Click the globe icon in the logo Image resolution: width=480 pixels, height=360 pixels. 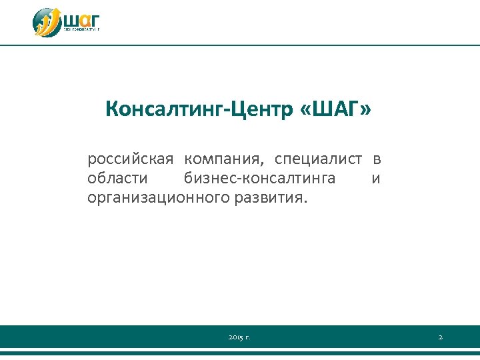[47, 23]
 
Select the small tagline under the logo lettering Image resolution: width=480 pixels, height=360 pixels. [81, 30]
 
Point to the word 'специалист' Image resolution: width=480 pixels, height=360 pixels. [319, 159]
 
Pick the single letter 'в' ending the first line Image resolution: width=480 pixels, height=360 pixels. [377, 159]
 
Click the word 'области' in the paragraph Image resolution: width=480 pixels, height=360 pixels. [118, 179]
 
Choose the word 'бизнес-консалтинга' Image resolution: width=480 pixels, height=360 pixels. [259, 179]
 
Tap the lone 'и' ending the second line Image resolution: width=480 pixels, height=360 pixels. [376, 179]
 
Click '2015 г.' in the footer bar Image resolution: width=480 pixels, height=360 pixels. [239, 338]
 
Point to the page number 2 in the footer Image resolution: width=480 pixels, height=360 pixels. [440, 338]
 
